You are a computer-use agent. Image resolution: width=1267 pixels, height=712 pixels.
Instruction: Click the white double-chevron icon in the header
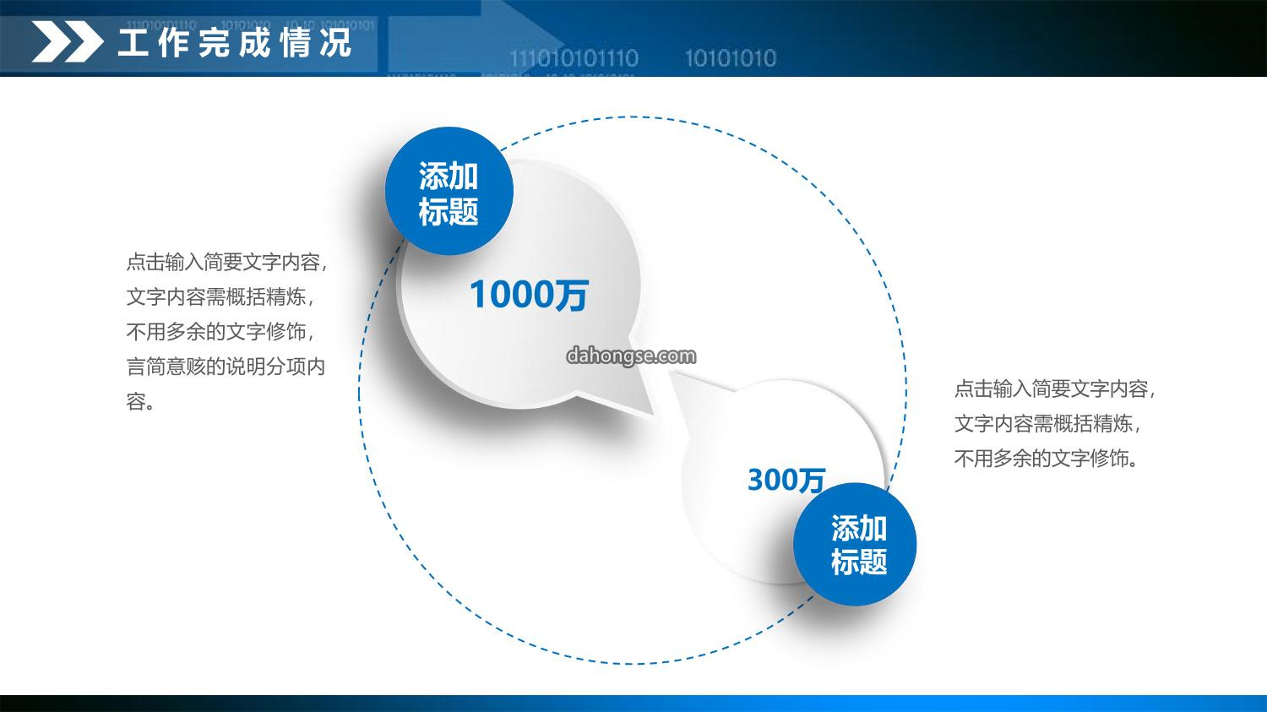tap(68, 41)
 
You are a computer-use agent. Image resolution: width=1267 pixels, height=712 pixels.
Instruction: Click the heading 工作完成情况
tap(235, 42)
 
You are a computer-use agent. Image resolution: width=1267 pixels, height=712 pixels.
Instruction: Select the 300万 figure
tap(786, 480)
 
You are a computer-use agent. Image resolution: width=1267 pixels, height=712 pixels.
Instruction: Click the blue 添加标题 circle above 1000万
tap(449, 191)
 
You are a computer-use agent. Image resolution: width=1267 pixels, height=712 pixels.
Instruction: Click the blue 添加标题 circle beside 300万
tap(855, 544)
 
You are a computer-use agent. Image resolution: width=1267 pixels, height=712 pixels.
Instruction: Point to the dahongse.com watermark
tap(631, 356)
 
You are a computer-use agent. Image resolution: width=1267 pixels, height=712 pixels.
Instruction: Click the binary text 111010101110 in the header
tap(574, 58)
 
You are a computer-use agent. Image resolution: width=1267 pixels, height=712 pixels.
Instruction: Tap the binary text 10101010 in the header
tap(731, 58)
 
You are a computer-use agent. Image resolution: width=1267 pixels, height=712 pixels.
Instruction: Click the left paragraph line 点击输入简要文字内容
tap(227, 262)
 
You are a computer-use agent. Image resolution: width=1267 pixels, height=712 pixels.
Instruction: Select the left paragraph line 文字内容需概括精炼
tap(220, 297)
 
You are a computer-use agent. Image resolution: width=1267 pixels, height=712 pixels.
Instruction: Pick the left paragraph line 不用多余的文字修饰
tap(220, 332)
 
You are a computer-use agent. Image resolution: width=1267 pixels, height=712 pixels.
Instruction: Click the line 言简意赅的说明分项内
tap(226, 367)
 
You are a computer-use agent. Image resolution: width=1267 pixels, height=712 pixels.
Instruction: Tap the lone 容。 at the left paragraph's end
tap(139, 402)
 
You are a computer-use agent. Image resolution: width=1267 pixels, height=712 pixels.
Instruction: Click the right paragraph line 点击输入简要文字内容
tap(1055, 389)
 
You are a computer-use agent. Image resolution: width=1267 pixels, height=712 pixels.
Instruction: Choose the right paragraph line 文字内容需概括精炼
tap(1048, 424)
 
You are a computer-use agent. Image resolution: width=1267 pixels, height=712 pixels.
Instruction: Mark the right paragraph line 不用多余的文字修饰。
tap(1047, 459)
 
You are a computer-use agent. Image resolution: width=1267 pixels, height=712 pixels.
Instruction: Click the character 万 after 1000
tap(571, 295)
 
